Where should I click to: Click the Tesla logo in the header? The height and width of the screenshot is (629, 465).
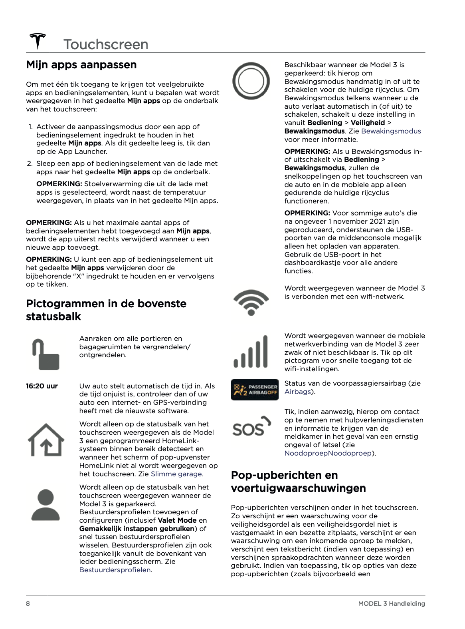pos(38,41)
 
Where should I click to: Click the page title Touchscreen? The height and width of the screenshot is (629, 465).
pos(106,44)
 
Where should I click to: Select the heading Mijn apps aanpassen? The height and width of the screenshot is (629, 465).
pos(81,65)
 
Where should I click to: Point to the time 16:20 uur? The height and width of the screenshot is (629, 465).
pos(42,386)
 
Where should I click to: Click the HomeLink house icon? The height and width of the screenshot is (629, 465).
pos(46,440)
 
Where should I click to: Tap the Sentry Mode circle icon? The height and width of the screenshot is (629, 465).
pos(251,81)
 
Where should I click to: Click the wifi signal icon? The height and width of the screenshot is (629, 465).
pos(251,302)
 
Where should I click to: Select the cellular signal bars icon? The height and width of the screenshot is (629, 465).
pos(251,352)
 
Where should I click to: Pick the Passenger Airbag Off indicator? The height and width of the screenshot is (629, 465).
pos(255,390)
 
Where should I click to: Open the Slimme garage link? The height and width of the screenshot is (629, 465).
pos(176,474)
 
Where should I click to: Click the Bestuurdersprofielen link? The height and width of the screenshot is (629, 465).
pos(115,570)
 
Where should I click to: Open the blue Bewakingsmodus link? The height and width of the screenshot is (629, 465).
pos(391,131)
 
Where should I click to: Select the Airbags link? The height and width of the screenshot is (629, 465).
pos(297,392)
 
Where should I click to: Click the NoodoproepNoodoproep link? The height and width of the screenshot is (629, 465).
pos(328,453)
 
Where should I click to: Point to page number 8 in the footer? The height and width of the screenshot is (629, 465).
pos(28,603)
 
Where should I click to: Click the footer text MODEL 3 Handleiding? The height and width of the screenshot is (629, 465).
pos(391,603)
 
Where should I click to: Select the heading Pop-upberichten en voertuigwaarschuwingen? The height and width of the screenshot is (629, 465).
pos(298,482)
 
